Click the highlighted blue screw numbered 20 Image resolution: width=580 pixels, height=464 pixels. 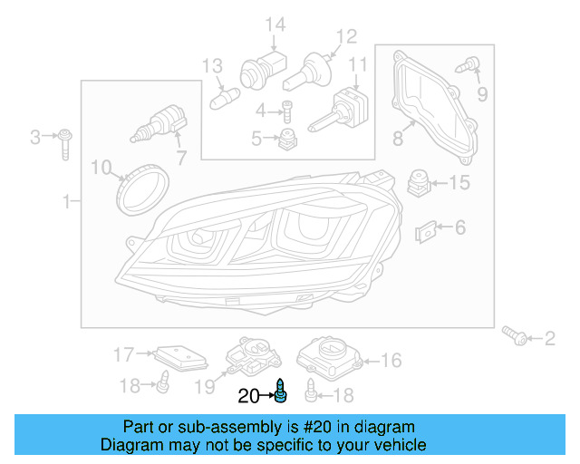(x=281, y=393)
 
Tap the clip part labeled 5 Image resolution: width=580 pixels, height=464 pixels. (x=289, y=138)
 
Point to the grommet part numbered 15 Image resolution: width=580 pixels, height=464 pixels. (x=417, y=181)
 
